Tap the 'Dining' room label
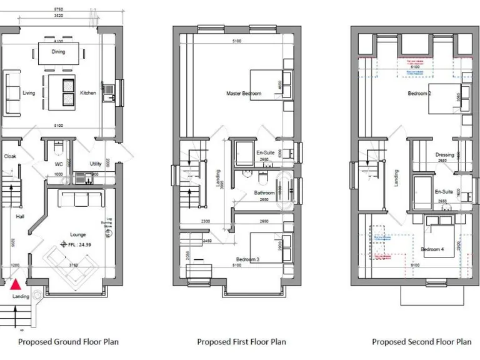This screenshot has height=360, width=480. tap(58, 52)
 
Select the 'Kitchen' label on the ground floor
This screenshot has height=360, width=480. tap(88, 93)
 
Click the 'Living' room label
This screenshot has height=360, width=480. tap(29, 93)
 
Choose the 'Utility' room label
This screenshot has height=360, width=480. tap(96, 164)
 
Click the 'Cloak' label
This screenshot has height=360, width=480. tap(10, 157)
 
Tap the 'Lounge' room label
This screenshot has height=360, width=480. tap(78, 234)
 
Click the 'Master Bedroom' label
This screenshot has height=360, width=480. tap(244, 94)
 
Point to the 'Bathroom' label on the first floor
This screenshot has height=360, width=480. tap(264, 193)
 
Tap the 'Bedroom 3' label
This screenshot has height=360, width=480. tap(247, 259)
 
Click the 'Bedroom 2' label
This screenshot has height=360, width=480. tap(419, 94)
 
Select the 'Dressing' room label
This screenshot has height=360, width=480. tap(444, 154)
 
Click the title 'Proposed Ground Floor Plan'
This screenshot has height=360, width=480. tap(68, 342)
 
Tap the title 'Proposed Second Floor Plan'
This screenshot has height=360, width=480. tap(422, 342)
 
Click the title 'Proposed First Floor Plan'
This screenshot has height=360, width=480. tap(241, 342)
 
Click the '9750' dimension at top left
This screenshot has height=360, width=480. tap(57, 11)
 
